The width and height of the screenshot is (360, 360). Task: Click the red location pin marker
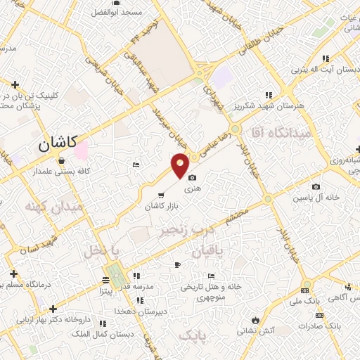[x=181, y=165]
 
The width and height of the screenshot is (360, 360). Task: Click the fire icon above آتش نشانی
[x=254, y=321]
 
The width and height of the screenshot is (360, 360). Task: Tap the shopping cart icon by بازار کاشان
[x=162, y=195]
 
